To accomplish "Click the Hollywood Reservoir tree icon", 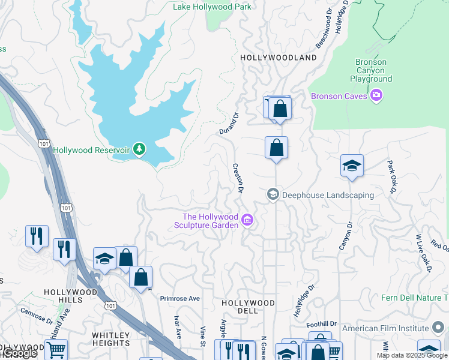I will tap(139, 149).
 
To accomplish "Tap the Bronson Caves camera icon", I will tap(376, 96).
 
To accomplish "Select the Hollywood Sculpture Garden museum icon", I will tap(247, 221).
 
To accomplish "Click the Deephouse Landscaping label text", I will tap(328, 195).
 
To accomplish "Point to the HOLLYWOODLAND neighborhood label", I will tap(278, 58).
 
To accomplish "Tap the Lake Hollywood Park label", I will tap(212, 7).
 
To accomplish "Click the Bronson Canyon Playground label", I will tap(371, 70).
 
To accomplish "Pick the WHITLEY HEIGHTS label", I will tap(111, 339).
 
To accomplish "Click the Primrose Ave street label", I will tap(179, 298).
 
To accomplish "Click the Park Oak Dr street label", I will tap(391, 176).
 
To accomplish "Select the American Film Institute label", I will tap(385, 328).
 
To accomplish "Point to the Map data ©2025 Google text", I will tap(412, 355).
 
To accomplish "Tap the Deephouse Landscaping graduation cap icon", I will tap(273, 194).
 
